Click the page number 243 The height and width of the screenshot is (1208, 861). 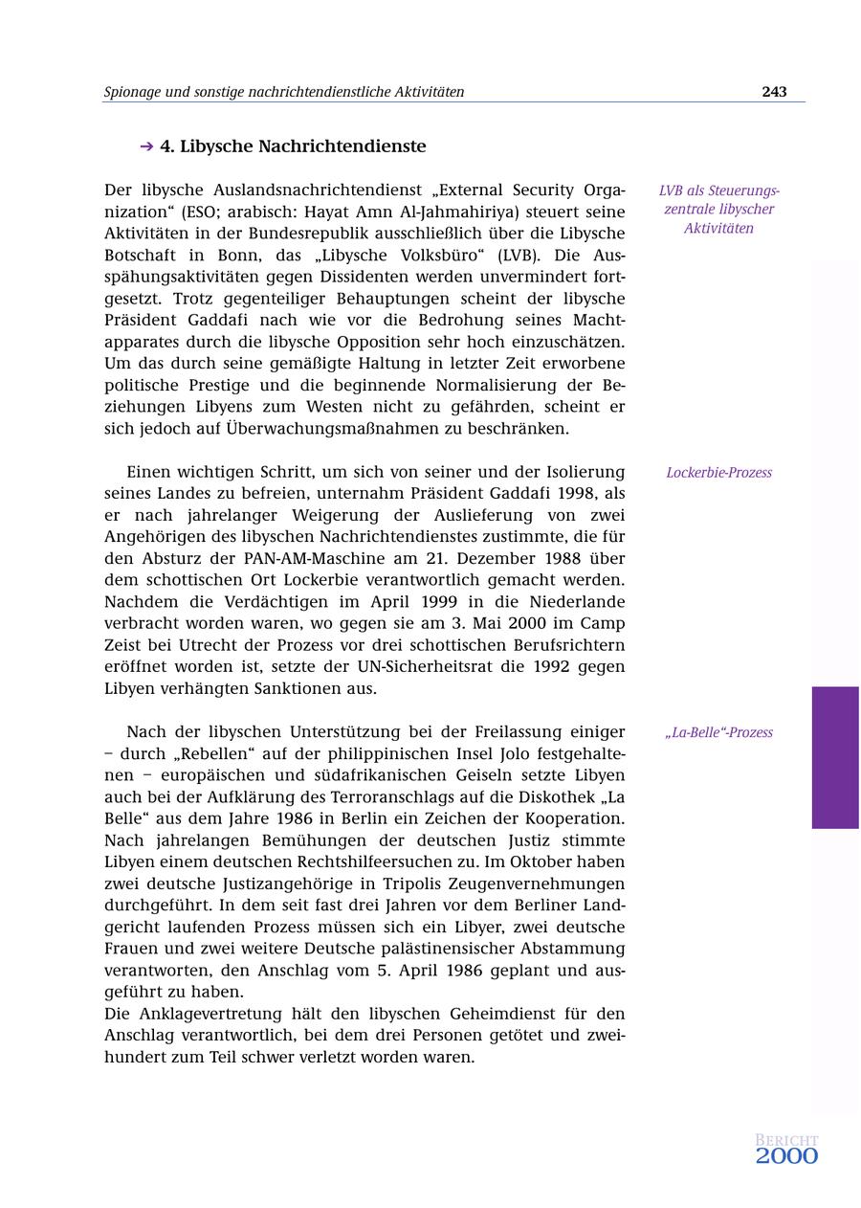pos(774,92)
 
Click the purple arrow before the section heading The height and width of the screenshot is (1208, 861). pos(146,146)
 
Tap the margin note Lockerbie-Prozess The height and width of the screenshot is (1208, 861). pos(718,473)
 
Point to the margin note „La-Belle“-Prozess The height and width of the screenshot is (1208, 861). pos(718,733)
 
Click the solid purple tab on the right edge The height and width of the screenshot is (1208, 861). pos(835,757)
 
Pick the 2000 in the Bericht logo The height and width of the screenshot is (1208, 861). pos(786,1156)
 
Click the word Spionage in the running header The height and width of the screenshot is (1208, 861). pos(132,92)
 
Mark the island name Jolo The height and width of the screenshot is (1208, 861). pos(435,754)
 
